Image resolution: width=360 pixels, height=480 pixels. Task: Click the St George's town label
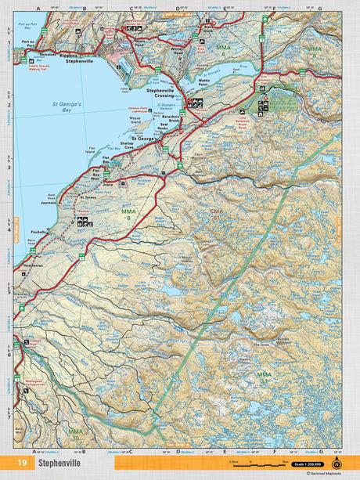tap(142, 139)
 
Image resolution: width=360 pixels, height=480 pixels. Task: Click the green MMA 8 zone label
tap(128, 215)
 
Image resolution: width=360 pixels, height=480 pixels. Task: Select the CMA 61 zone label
tap(217, 212)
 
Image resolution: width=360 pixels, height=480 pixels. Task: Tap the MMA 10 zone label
tap(74, 433)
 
